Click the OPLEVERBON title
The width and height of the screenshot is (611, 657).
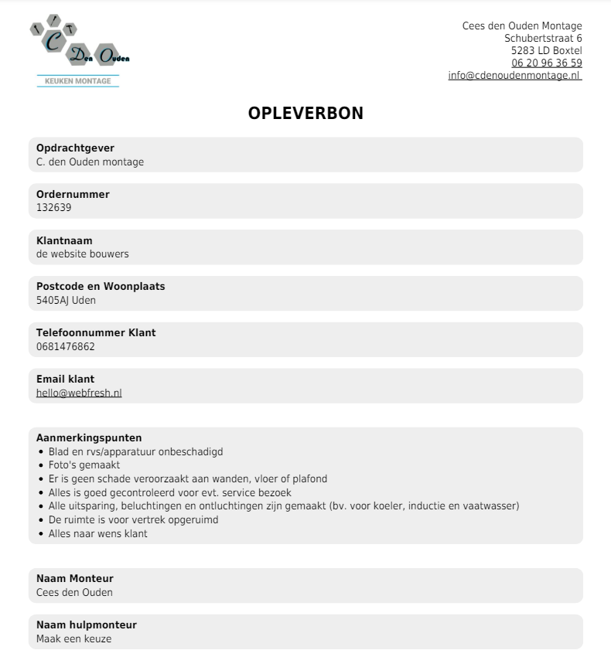[305, 113]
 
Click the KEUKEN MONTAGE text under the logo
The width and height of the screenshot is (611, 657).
[78, 81]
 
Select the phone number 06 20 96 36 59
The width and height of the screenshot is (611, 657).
[546, 63]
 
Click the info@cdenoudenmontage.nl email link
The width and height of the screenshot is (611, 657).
[514, 75]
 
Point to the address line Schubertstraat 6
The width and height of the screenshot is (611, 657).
[543, 38]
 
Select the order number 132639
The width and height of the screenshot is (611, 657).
[53, 207]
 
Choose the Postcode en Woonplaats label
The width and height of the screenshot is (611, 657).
[101, 287]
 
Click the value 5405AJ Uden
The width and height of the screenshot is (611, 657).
[66, 300]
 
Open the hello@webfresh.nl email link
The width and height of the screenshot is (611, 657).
[79, 393]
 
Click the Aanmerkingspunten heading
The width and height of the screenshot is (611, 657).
[89, 438]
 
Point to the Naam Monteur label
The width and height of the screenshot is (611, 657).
[74, 579]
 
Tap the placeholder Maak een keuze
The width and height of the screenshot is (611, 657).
[73, 638]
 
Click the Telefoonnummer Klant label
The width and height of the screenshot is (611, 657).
[96, 333]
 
